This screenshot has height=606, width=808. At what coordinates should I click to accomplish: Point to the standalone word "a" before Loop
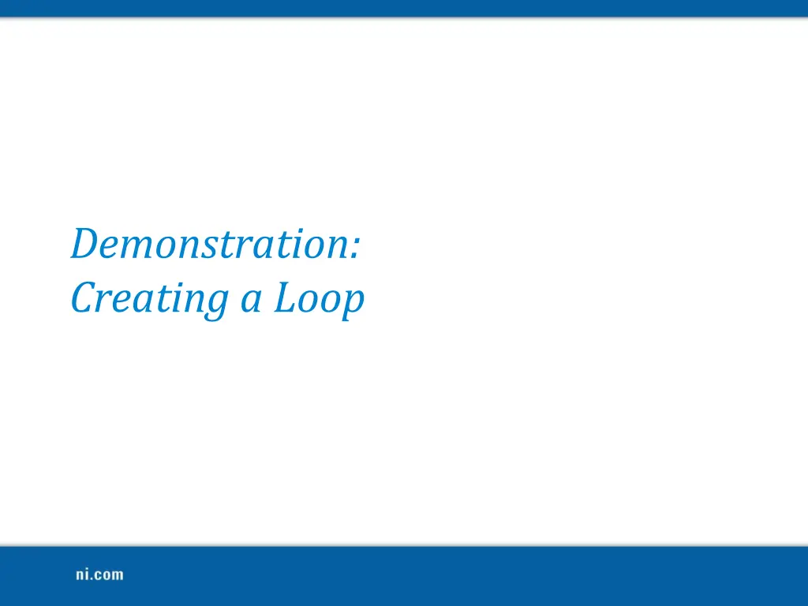coord(250,301)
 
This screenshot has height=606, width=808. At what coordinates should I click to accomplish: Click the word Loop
coord(319,300)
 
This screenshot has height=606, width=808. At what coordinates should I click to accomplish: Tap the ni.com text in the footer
coord(99,574)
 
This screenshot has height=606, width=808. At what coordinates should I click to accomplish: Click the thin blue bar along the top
coord(404,8)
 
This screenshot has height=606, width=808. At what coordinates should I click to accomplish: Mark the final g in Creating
coord(220,305)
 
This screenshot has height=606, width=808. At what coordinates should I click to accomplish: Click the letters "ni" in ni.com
coord(82,574)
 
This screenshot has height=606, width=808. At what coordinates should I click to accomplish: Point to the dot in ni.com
coord(92,579)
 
